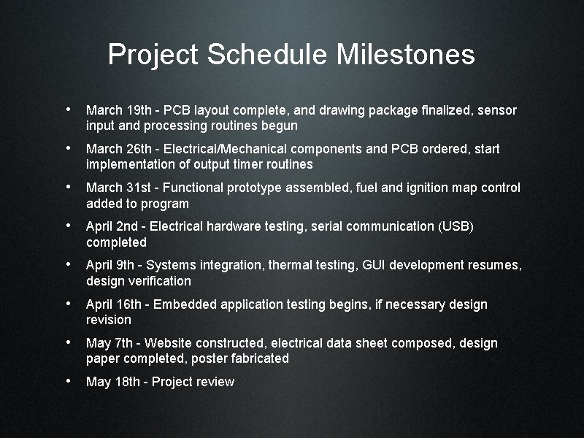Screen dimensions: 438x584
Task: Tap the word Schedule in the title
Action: [267, 55]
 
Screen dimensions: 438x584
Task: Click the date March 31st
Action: [113, 188]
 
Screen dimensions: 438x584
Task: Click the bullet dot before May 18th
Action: [68, 381]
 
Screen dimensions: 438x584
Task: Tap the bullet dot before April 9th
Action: [68, 264]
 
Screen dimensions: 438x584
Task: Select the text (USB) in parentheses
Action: [456, 226]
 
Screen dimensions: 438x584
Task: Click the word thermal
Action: [290, 265]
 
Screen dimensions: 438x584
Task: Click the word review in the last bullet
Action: [215, 382]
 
